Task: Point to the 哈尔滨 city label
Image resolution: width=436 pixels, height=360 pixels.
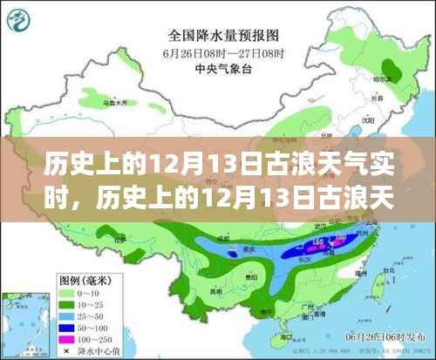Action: click(x=403, y=78)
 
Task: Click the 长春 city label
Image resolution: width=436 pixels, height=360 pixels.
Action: click(x=399, y=98)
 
